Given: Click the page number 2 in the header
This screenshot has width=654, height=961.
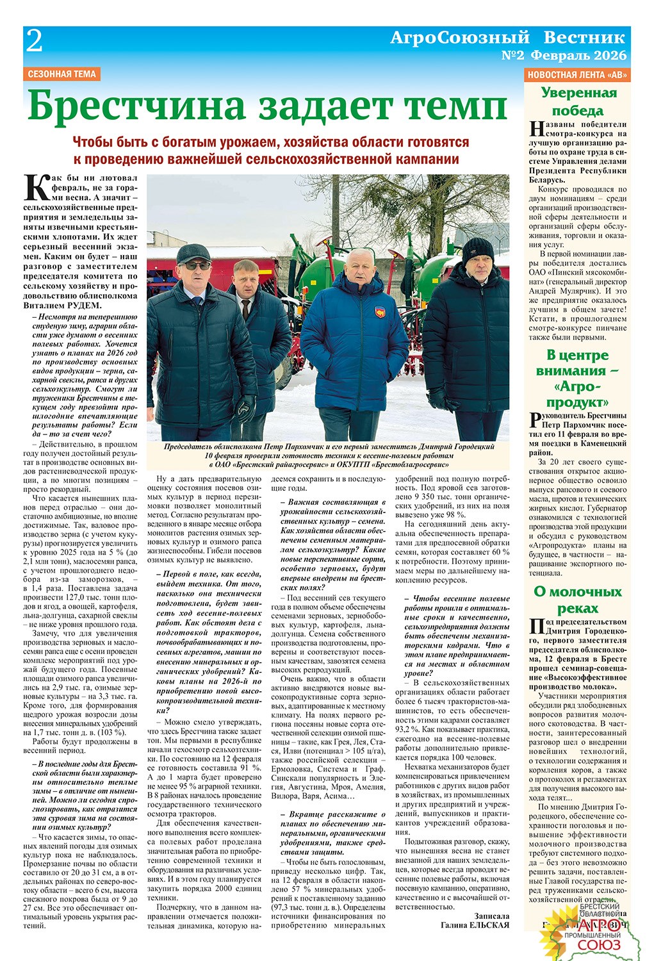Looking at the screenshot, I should [34, 43].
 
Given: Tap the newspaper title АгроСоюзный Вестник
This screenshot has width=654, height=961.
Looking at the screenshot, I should [507, 38].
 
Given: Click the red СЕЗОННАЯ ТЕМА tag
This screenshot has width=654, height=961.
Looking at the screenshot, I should [62, 74].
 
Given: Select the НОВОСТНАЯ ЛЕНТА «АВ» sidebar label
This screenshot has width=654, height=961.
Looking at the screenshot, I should [577, 74].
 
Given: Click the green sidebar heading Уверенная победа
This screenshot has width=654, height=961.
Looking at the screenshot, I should [578, 101].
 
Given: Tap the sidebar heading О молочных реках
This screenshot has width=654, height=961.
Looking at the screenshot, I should [578, 600].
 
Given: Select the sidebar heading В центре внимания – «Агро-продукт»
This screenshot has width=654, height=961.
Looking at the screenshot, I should [578, 379].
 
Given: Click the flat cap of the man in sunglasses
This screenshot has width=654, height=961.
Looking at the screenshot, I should [193, 254].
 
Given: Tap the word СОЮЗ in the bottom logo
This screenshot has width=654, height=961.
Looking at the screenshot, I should [599, 945].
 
